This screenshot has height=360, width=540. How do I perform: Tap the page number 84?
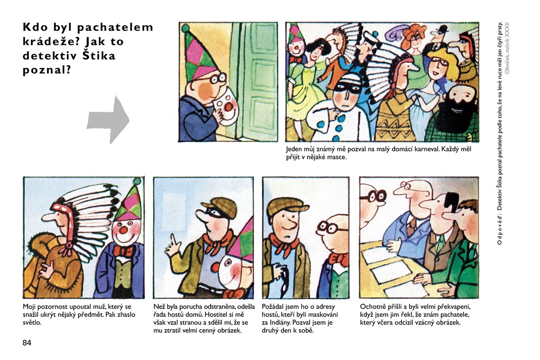pos(27,342)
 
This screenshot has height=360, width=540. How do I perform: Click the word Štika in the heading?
pos(99,56)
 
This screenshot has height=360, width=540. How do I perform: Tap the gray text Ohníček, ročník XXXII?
pos(507,48)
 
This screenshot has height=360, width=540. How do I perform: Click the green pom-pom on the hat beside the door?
pos(185,28)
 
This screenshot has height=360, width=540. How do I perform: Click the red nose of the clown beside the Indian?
pos(123,230)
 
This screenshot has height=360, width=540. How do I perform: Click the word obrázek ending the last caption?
pos(450,322)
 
